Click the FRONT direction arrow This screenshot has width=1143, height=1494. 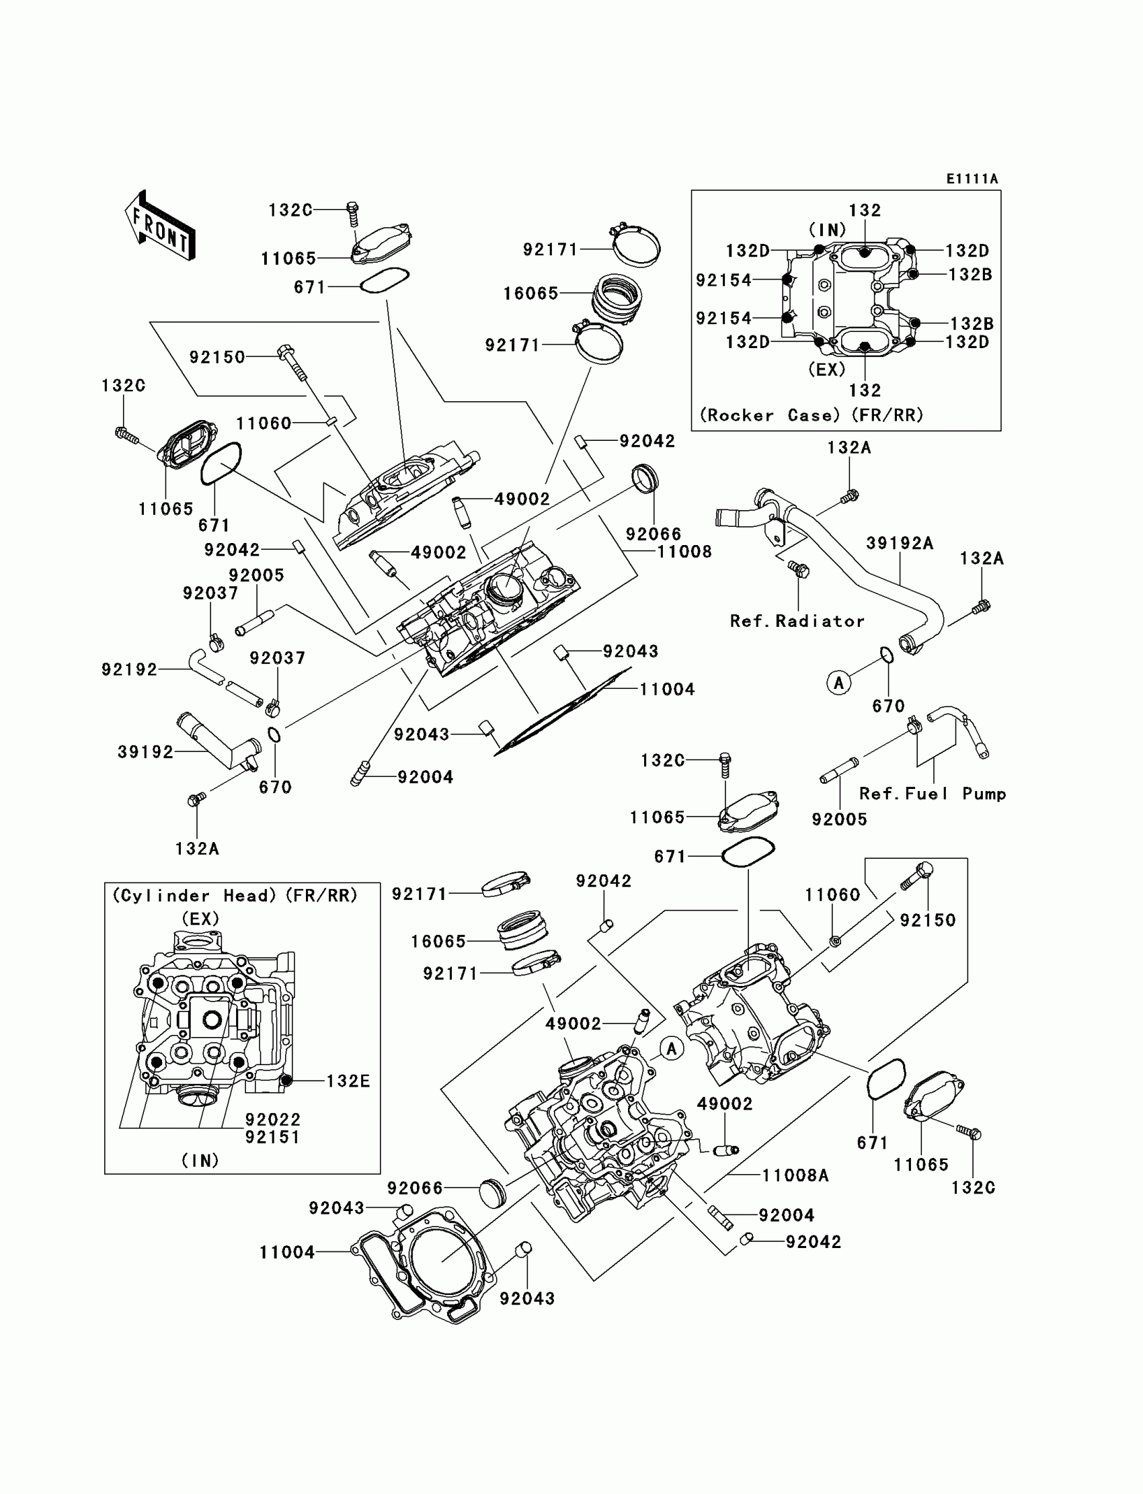click(160, 225)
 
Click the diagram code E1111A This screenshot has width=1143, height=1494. click(972, 179)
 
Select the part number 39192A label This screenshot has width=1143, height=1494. click(900, 543)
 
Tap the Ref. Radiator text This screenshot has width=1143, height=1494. click(797, 621)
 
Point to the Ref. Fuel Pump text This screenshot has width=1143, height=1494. click(933, 794)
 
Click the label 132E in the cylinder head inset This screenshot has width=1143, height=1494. click(348, 1081)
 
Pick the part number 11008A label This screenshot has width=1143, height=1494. click(795, 1175)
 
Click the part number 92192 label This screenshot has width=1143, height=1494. click(129, 670)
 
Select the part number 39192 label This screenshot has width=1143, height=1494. click(146, 752)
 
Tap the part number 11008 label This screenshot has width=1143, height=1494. click(684, 552)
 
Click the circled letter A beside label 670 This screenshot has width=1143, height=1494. click(839, 683)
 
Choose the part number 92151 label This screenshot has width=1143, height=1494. click(273, 1137)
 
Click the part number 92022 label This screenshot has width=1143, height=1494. click(273, 1119)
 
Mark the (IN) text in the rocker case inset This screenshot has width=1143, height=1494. click(827, 230)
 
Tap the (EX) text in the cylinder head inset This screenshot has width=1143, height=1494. click(200, 919)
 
